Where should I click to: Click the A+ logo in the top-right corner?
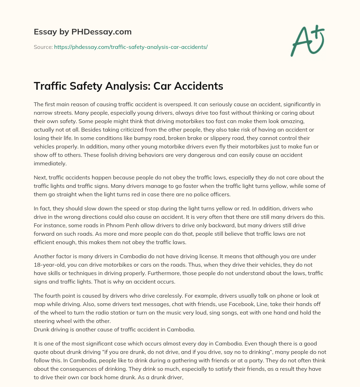point(307,40)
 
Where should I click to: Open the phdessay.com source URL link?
point(131,47)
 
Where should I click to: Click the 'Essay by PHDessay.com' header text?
point(83,32)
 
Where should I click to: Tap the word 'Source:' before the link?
point(43,47)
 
